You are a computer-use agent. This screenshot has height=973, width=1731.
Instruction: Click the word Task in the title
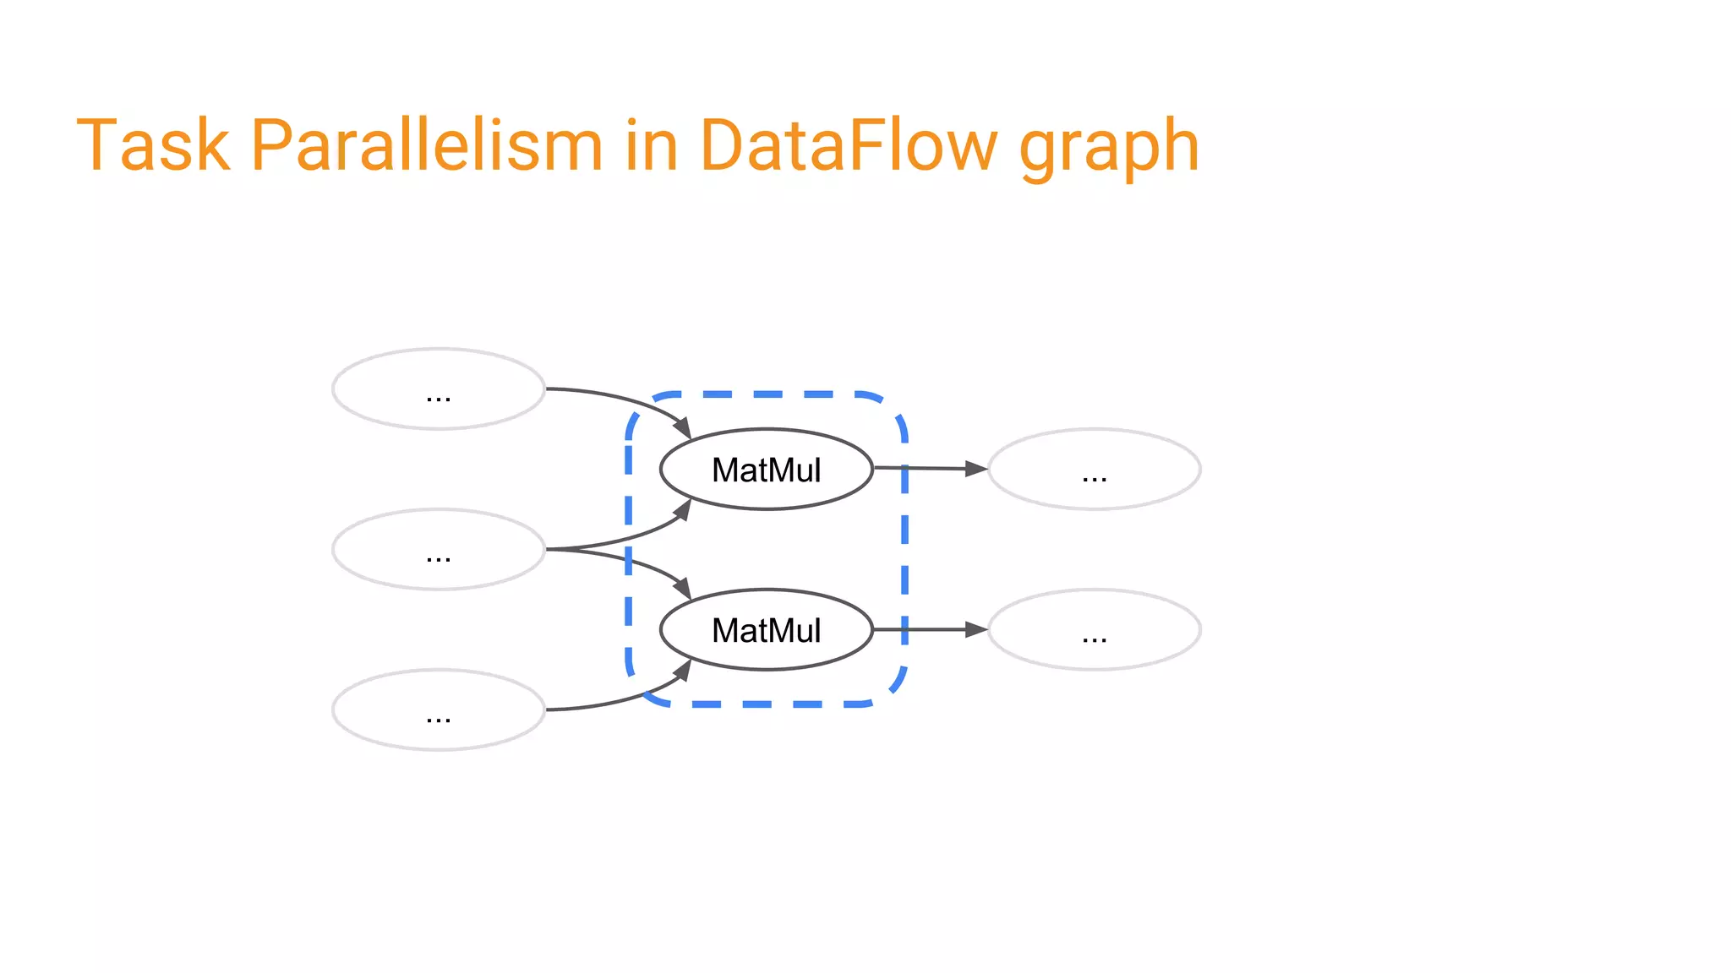[x=153, y=144]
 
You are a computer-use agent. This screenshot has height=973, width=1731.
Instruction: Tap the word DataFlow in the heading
[x=849, y=144]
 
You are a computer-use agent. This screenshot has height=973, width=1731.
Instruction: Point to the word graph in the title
[x=1109, y=149]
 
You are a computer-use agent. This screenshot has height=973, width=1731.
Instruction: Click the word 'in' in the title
[x=652, y=144]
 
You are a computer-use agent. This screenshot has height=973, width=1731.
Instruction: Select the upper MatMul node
[x=766, y=470]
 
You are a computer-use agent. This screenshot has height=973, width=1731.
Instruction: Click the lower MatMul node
[x=766, y=630]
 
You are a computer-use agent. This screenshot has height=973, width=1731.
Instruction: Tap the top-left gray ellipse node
[x=439, y=389]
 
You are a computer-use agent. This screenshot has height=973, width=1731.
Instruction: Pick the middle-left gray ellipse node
[x=439, y=550]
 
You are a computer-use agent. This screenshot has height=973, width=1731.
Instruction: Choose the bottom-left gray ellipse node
[x=439, y=710]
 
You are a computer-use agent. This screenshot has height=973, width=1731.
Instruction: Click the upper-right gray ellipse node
[x=1095, y=470]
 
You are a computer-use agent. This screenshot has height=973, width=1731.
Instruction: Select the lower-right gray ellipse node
[x=1095, y=630]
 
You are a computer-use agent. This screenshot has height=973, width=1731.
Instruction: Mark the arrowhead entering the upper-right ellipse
[x=976, y=469]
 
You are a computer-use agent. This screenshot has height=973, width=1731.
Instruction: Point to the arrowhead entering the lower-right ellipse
[x=976, y=629]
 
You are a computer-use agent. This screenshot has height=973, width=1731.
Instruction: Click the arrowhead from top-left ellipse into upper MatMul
[x=683, y=428]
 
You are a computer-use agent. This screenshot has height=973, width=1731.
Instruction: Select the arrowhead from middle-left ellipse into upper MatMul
[x=683, y=510]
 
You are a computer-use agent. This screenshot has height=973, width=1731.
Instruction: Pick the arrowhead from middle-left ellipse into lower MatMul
[x=683, y=588]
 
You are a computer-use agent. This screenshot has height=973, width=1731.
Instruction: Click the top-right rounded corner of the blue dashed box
[x=893, y=407]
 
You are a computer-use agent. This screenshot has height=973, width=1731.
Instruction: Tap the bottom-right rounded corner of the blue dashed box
[x=893, y=691]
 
